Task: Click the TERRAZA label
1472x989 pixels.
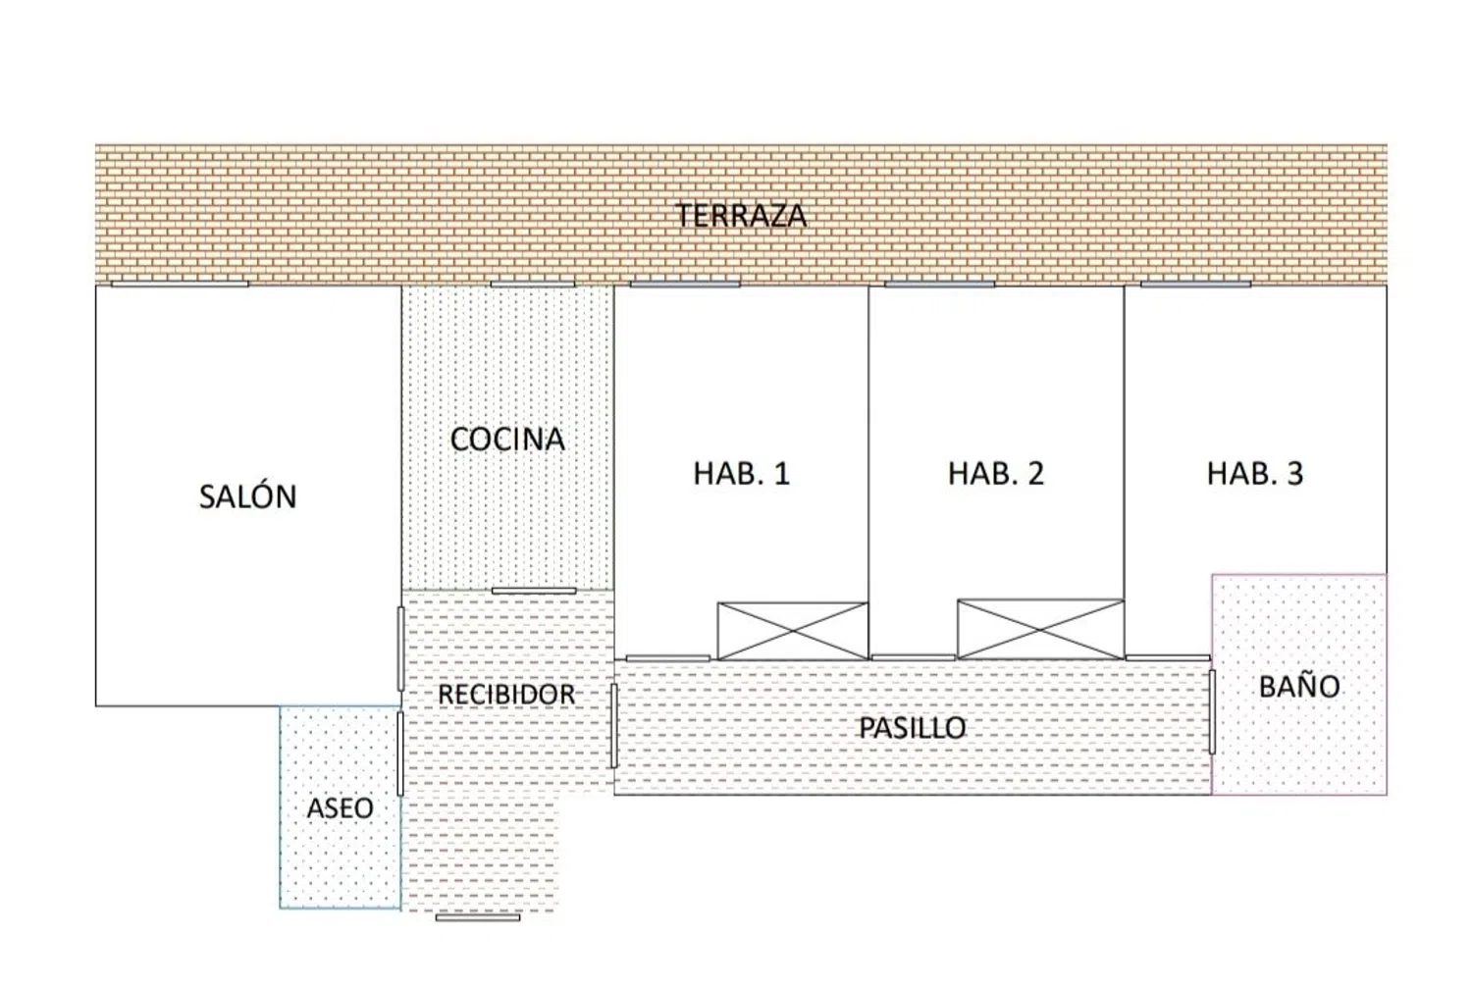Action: click(x=741, y=216)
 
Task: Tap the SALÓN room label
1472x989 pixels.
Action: click(x=247, y=496)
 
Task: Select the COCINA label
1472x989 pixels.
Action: click(x=507, y=439)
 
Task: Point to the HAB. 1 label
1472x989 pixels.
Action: click(x=741, y=473)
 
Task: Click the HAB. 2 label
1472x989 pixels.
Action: click(x=996, y=473)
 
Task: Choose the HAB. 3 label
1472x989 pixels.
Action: click(x=1254, y=473)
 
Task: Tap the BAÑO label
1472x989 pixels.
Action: click(x=1299, y=686)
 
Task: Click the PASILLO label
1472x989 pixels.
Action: click(x=912, y=727)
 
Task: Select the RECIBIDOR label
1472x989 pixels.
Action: click(x=506, y=694)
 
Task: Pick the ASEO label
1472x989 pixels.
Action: click(x=340, y=808)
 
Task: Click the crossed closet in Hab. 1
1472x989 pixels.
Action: click(x=793, y=631)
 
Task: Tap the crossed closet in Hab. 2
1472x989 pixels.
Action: click(x=1040, y=629)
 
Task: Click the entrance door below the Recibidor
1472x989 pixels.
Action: click(x=478, y=918)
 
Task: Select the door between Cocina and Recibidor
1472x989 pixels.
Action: click(x=534, y=592)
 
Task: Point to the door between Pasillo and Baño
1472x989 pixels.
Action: click(x=1212, y=712)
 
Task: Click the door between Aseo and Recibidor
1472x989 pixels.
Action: click(x=400, y=754)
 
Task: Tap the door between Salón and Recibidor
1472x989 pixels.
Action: click(x=400, y=650)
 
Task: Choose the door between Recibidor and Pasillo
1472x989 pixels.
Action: click(x=613, y=725)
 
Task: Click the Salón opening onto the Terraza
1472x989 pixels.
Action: click(x=180, y=284)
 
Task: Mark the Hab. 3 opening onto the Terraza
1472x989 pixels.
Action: click(x=1195, y=284)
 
